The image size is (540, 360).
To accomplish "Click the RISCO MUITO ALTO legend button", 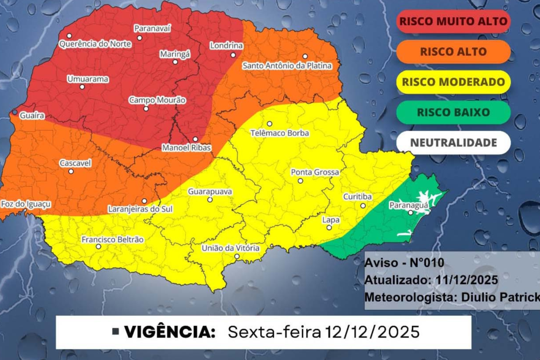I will pos(454,22).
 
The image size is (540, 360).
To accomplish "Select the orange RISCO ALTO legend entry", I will pos(454,52).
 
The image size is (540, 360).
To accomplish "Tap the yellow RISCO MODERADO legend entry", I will pos(454,82).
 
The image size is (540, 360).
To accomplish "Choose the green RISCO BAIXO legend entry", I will pos(454,112).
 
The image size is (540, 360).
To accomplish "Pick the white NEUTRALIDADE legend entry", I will pos(454,143).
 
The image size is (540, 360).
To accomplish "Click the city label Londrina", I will pos(227,46).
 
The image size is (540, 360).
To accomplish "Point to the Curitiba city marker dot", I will pos(363,206).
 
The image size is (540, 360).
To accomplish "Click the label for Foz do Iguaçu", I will pos(26,204).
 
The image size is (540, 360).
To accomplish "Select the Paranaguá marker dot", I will pos(410,212).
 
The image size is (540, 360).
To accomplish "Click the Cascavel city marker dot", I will pos(71,171).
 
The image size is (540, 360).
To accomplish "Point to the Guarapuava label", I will pos(210,192).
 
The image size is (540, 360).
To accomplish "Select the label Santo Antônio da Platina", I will pos(287,66).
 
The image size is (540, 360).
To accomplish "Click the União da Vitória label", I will pos(230,249).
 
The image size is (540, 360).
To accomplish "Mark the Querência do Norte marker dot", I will pos(69,36).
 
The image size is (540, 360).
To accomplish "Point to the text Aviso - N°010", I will pos(404,263).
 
